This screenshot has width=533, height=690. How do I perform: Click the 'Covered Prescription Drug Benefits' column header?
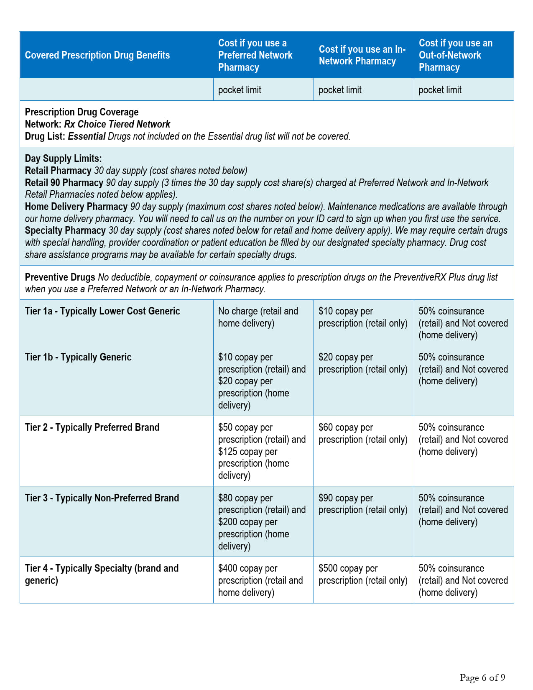(97, 55)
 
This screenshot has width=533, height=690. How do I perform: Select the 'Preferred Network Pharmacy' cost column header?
(255, 55)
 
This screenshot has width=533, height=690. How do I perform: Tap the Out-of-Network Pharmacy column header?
(456, 55)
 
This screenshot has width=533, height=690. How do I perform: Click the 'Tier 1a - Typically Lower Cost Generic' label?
(102, 311)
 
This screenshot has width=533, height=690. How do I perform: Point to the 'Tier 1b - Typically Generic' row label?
(78, 357)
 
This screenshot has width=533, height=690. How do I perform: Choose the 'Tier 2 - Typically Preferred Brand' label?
(92, 427)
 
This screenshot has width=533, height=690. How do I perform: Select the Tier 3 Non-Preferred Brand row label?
(102, 498)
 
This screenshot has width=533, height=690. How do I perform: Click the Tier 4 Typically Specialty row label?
(102, 574)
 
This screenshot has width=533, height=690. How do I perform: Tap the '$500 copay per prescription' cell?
(362, 574)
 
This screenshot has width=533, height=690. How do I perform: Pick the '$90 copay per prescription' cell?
(362, 504)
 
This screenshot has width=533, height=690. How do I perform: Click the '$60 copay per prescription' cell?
(362, 433)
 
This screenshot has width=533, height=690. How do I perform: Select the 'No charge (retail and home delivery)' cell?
(258, 317)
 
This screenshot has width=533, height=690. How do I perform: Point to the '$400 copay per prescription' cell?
(260, 580)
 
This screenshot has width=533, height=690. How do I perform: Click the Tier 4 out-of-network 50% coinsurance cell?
(463, 580)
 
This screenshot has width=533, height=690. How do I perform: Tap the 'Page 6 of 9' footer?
(482, 677)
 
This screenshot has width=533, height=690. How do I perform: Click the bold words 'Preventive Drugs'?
(60, 277)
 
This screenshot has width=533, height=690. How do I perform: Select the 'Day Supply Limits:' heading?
(63, 158)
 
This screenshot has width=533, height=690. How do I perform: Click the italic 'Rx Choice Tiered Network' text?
(117, 124)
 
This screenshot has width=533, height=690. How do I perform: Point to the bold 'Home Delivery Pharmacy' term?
(76, 207)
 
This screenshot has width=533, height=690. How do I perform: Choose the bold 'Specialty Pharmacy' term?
(65, 230)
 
